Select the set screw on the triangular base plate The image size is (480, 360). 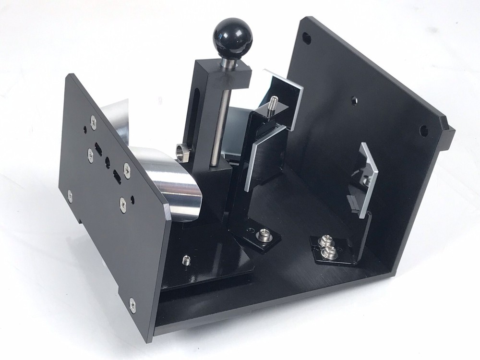pyautogui.click(x=186, y=261)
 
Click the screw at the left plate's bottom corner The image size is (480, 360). pyautogui.click(x=132, y=302)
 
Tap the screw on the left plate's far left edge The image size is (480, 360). pyautogui.click(x=70, y=194)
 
